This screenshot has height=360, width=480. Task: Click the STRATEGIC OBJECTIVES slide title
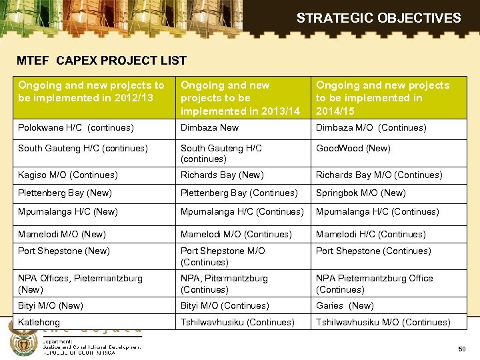[378, 18]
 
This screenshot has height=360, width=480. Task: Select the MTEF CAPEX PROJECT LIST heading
[101, 61]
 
